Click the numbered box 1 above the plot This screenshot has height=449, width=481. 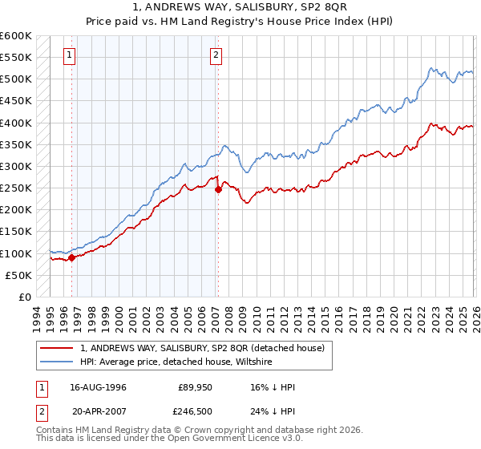[x=70, y=55]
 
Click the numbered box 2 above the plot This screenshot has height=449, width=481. [x=216, y=55]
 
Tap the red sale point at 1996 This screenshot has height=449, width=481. [x=72, y=257]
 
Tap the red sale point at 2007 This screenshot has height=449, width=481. [x=218, y=190]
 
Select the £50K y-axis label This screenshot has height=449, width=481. [x=18, y=275]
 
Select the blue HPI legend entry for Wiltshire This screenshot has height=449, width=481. [x=176, y=362]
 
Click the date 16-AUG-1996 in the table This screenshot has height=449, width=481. [x=99, y=387]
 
